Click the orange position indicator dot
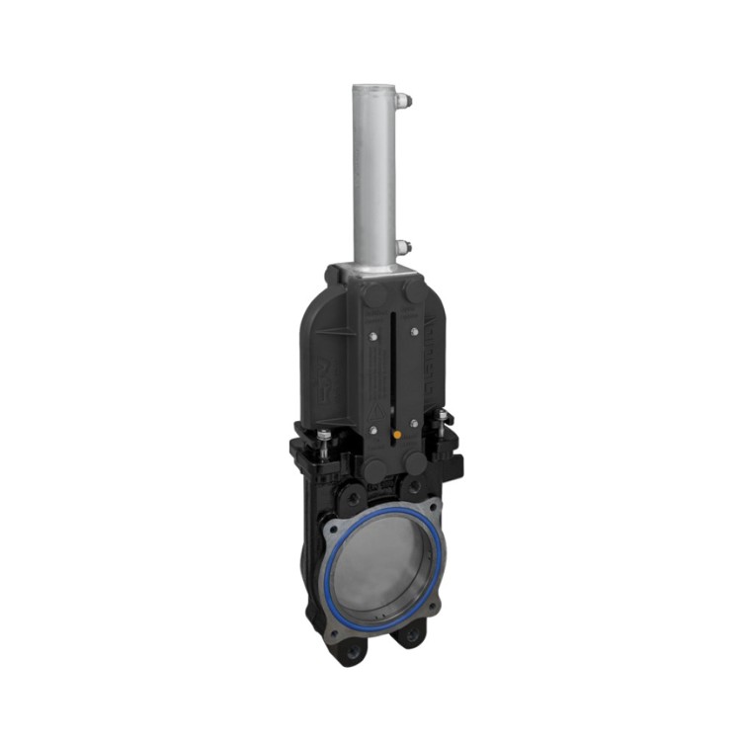(x=396, y=433)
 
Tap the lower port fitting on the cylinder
(x=403, y=247)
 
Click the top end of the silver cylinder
(x=372, y=89)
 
